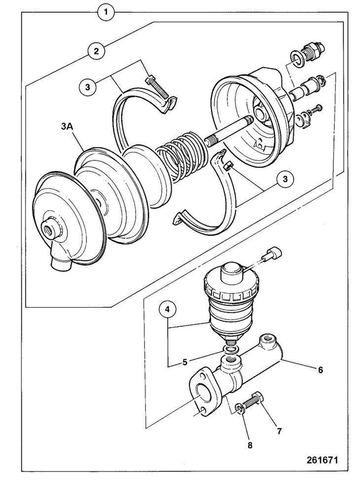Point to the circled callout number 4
coord(168,311)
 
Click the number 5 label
coord(185,362)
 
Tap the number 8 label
coord(250,445)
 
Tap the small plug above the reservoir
coord(273,255)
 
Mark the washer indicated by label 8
coord(241,407)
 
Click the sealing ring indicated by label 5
coord(230,350)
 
